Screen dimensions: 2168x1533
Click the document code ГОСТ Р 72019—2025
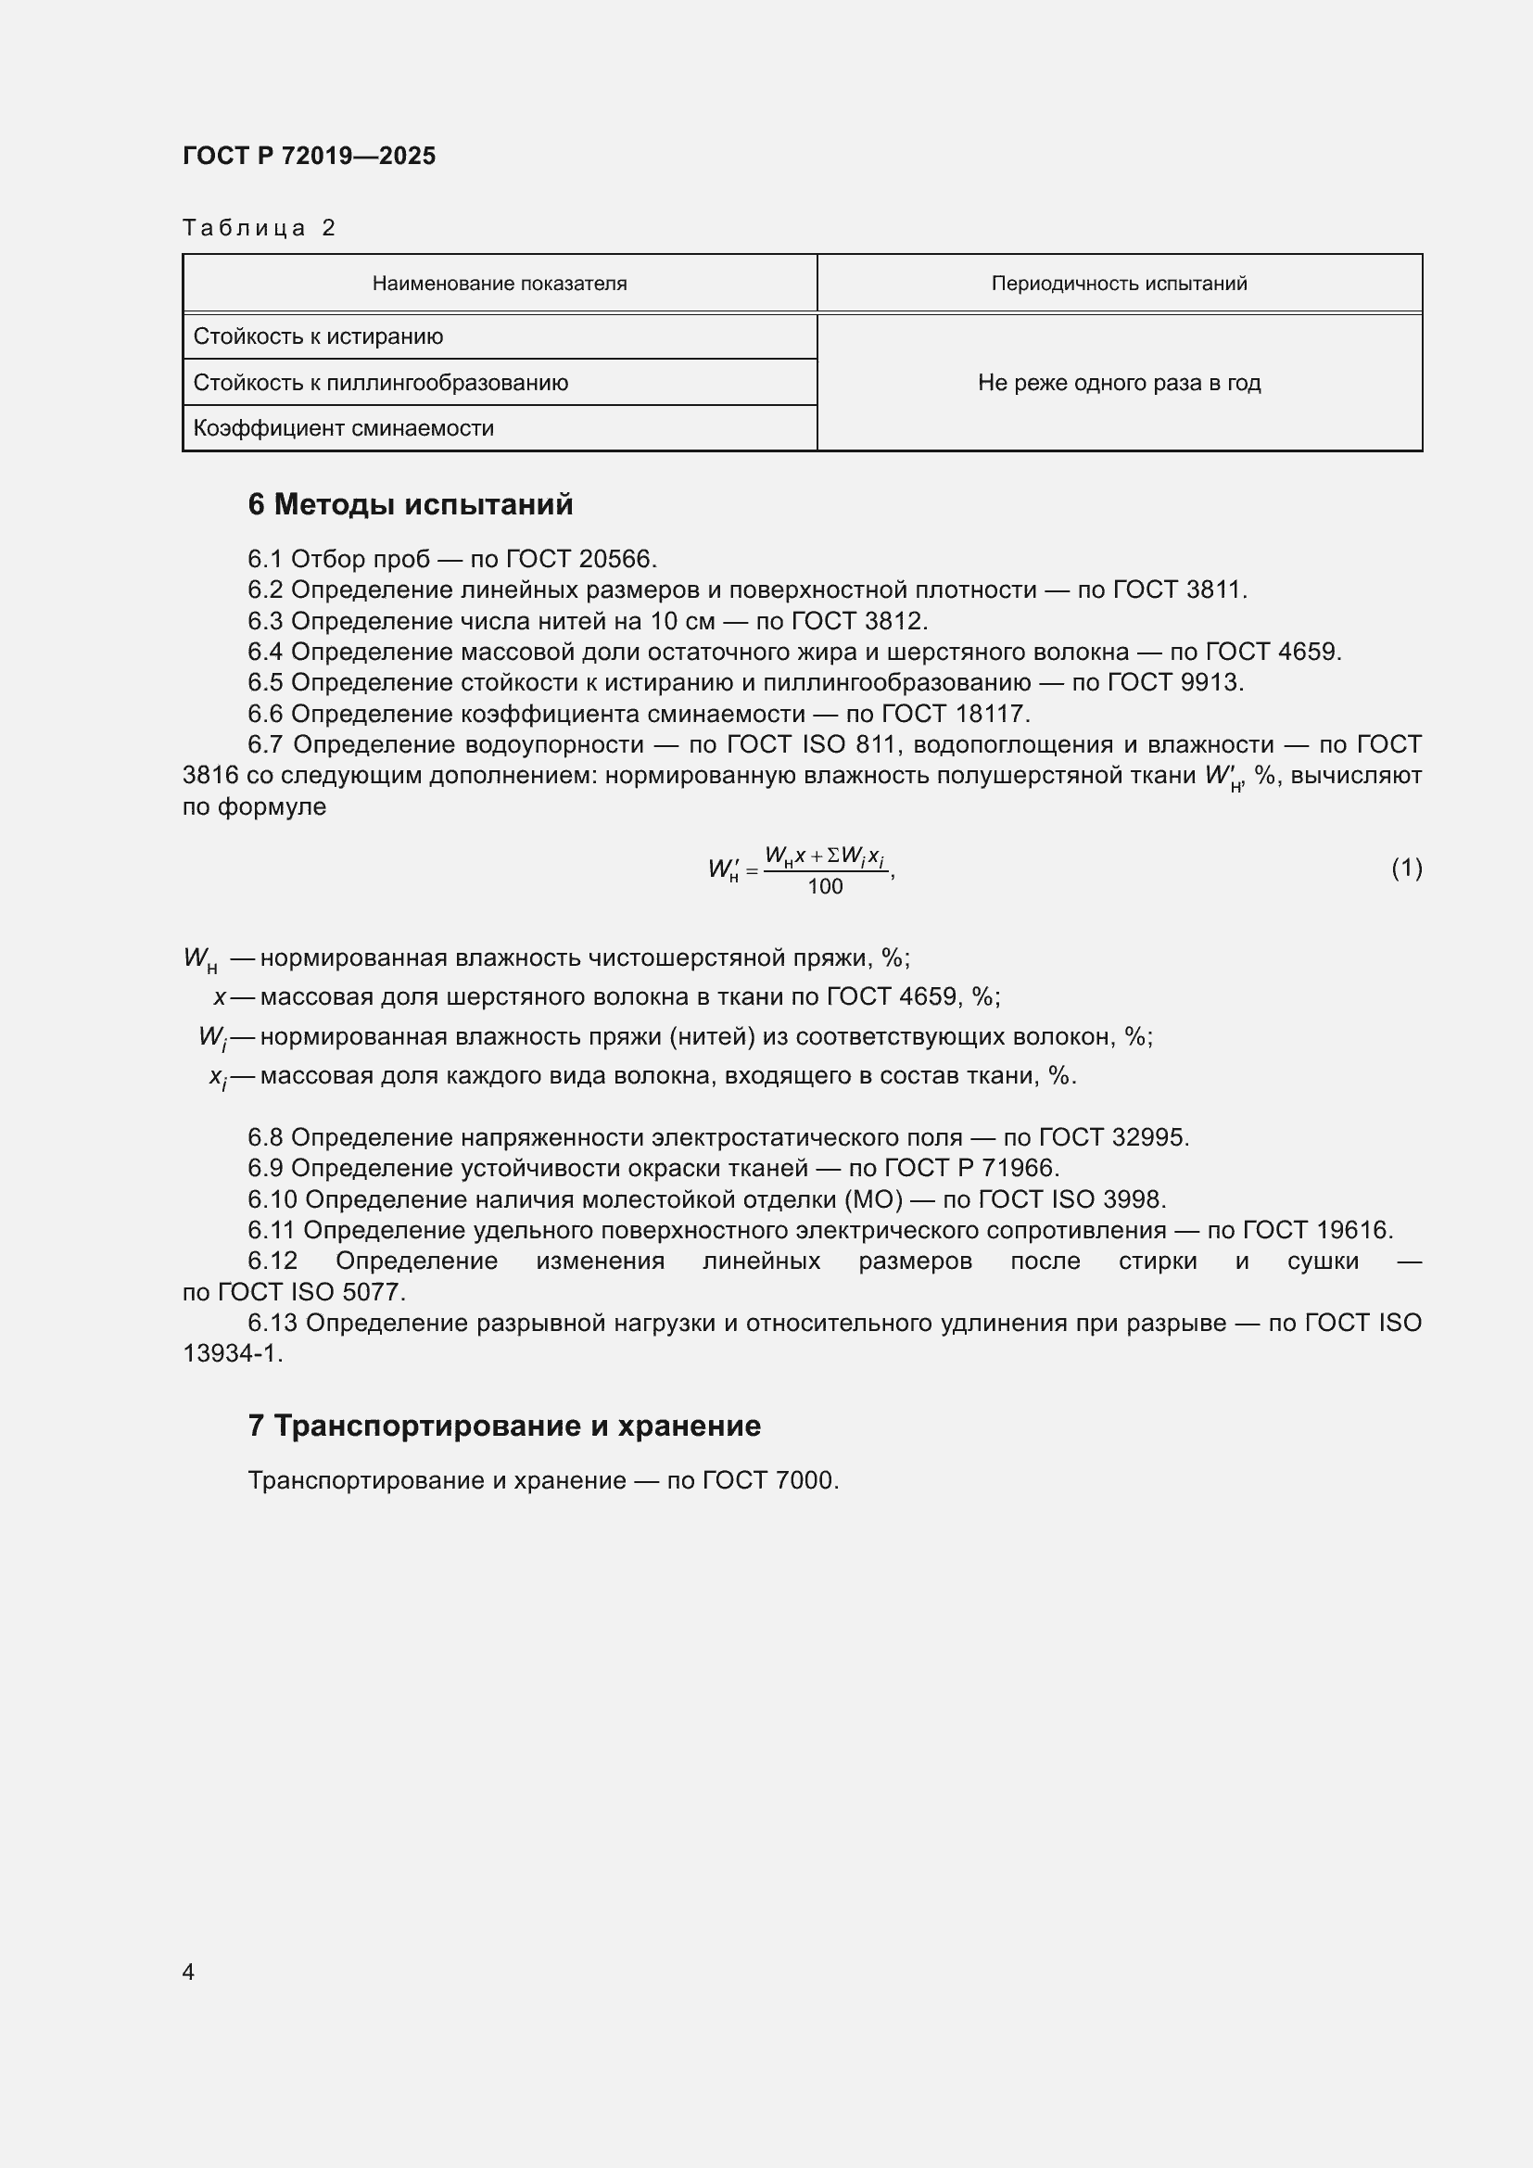(309, 156)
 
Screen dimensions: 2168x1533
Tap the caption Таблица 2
(259, 228)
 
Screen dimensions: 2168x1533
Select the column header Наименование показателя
(500, 284)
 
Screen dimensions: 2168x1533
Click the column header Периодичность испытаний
(1119, 284)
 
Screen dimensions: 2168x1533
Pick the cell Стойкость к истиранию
(318, 337)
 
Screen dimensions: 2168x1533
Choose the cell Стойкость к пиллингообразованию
(380, 383)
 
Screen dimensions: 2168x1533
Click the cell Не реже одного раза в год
(1119, 383)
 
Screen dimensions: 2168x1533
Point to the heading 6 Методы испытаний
(410, 505)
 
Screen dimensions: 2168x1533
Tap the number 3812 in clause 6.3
(895, 621)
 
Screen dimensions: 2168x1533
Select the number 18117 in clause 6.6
(992, 714)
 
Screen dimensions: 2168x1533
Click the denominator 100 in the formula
(825, 887)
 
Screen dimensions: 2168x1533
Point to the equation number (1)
(1406, 868)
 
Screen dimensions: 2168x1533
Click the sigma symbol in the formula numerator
(833, 856)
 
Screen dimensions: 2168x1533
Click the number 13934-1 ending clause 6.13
(232, 1354)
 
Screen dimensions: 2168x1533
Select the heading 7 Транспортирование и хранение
(504, 1426)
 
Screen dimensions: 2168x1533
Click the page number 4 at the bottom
(188, 1971)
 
